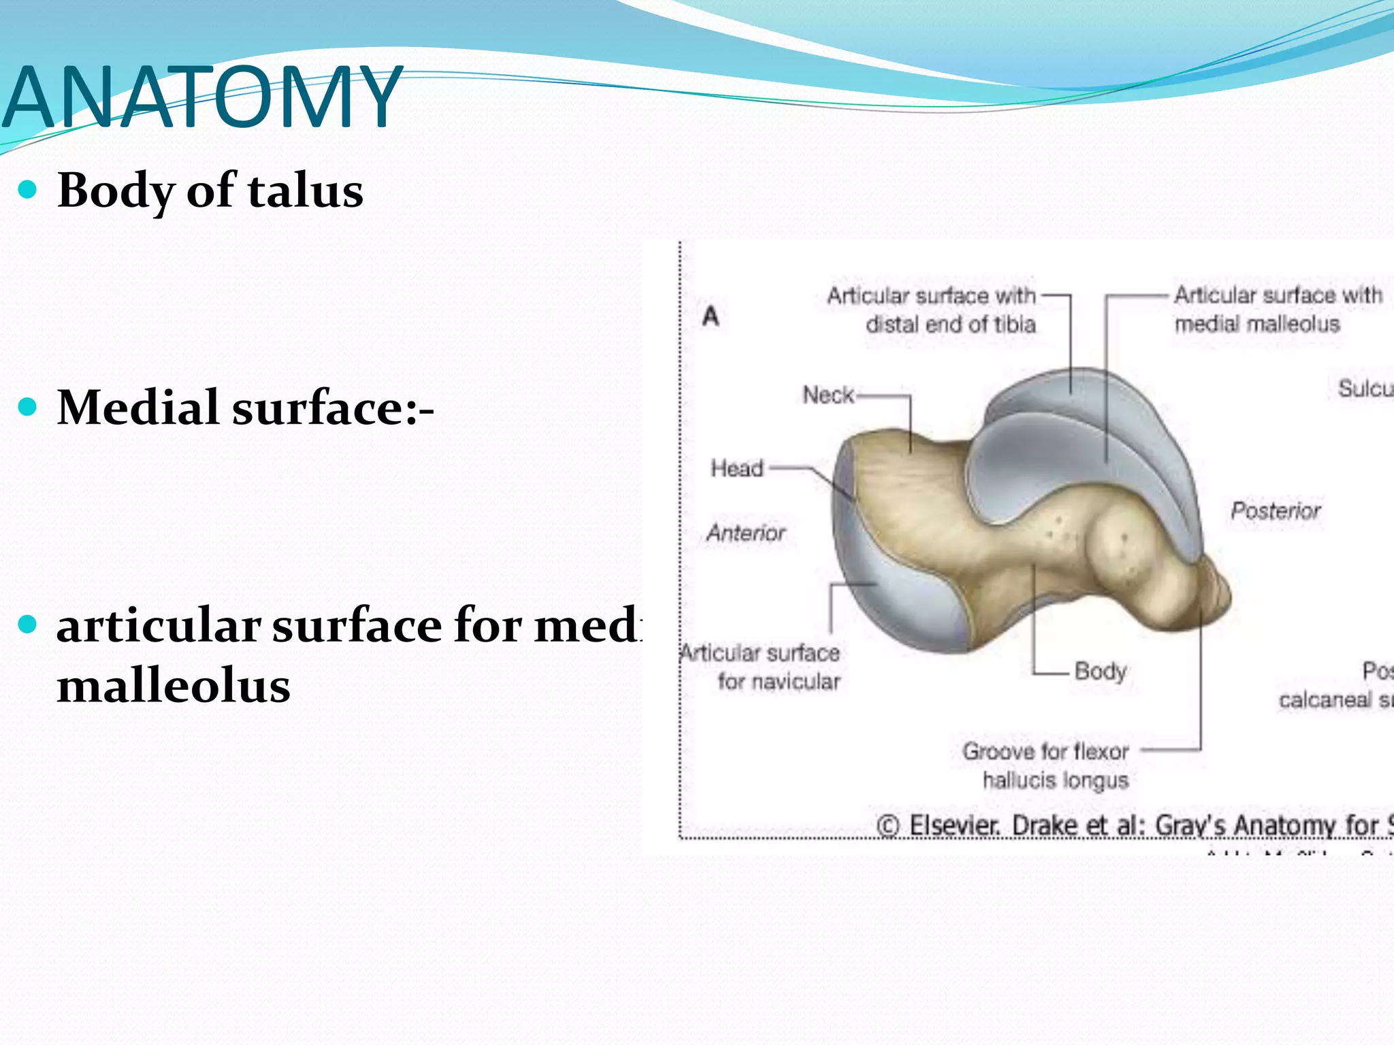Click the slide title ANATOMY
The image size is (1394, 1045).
click(x=203, y=97)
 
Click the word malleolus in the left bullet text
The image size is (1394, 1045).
click(x=174, y=686)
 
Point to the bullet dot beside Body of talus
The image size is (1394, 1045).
click(x=27, y=190)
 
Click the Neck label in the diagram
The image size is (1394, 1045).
click(x=828, y=395)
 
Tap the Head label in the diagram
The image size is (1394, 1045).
click(x=736, y=468)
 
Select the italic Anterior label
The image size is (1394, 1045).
click(x=746, y=533)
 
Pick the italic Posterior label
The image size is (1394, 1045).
click(x=1276, y=510)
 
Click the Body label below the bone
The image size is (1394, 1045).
click(x=1100, y=671)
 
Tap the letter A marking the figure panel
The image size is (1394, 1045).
click(x=711, y=316)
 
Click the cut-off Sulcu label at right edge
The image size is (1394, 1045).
click(x=1364, y=388)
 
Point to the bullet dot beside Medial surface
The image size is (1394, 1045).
click(x=27, y=408)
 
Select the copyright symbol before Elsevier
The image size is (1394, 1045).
click(x=888, y=826)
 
